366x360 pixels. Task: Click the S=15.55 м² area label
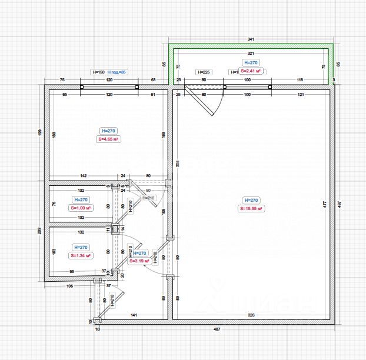(x=251, y=209)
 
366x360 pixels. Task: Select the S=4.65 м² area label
(x=109, y=139)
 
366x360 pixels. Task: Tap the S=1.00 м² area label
(x=81, y=208)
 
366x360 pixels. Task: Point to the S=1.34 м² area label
(x=81, y=256)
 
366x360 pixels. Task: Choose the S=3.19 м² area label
(x=139, y=261)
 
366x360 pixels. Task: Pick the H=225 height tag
(x=202, y=72)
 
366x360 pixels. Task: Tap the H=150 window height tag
(x=98, y=72)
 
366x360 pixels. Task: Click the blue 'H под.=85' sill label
(x=117, y=72)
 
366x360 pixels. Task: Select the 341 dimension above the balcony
(x=251, y=39)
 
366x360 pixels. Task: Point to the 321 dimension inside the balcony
(x=251, y=53)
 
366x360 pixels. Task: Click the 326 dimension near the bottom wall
(x=252, y=315)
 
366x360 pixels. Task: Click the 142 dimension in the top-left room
(x=84, y=175)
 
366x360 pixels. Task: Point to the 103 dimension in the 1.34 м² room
(x=54, y=251)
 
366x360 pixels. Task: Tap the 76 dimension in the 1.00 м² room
(x=54, y=204)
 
